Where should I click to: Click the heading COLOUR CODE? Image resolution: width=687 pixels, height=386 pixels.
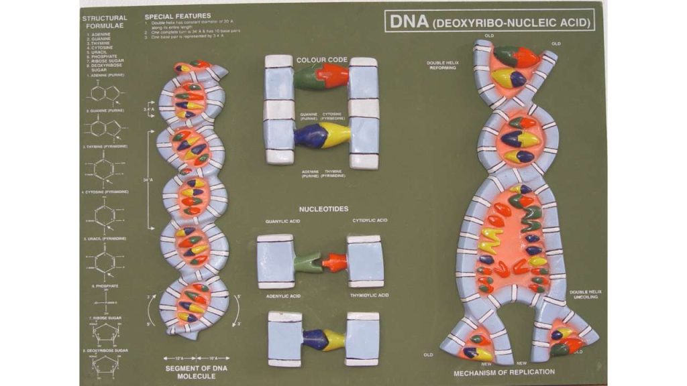[x=322, y=60]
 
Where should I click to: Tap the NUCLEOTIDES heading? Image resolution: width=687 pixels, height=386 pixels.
[x=323, y=209]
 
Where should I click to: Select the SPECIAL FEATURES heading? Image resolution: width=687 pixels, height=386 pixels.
[x=178, y=15]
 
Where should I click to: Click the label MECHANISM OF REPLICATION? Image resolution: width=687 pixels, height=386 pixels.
[x=505, y=371]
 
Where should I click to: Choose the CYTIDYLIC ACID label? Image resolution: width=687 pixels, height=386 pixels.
[x=370, y=220]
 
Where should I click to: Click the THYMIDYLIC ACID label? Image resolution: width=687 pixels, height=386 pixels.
[x=370, y=296]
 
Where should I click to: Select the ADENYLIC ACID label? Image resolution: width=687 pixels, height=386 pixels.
[x=282, y=296]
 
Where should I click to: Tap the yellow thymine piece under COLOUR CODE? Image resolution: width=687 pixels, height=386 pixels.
[x=336, y=135]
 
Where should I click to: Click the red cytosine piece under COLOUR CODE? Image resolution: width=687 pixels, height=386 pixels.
[x=334, y=76]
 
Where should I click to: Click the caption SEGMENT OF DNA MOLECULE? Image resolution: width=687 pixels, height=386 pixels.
[x=193, y=372]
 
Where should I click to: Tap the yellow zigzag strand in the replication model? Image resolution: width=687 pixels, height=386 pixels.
[x=490, y=240]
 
